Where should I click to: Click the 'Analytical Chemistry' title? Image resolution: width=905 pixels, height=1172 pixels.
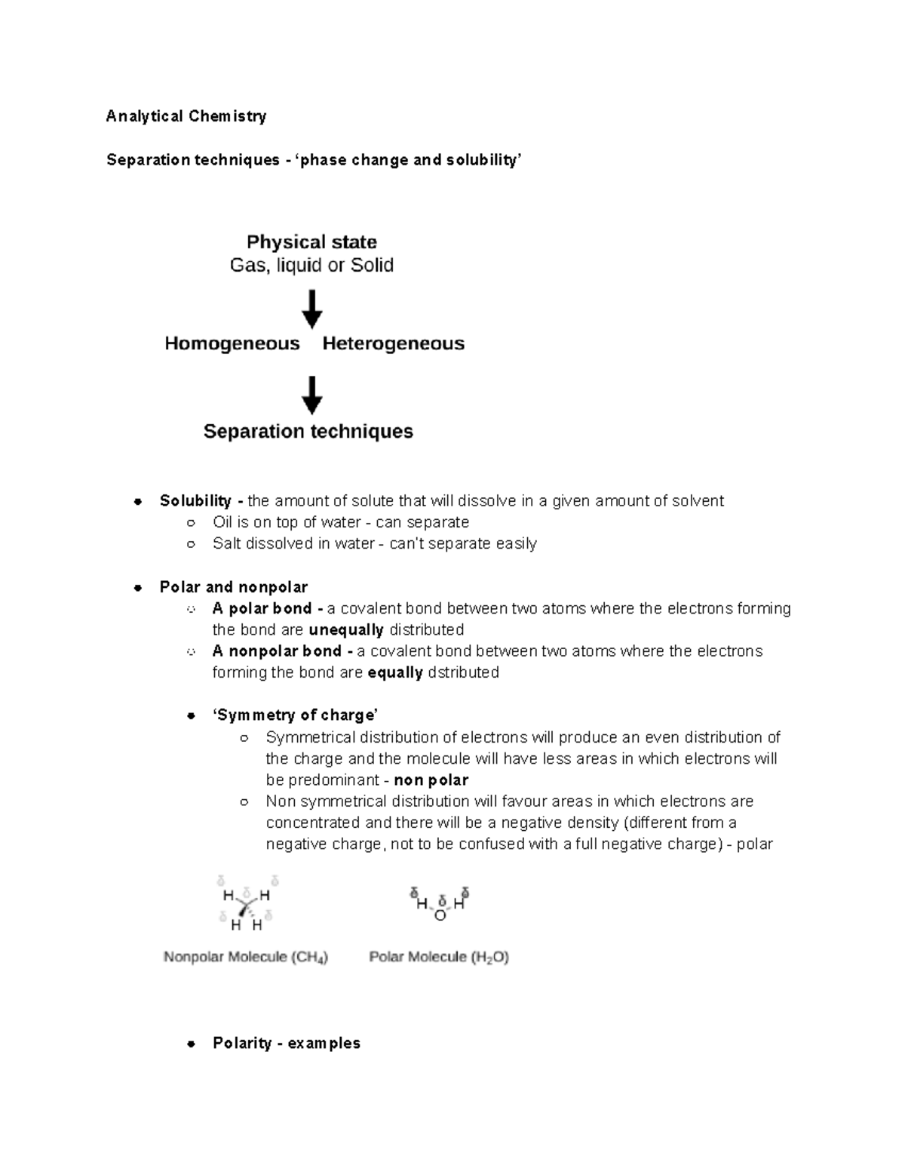[186, 116]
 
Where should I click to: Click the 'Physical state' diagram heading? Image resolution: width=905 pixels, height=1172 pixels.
[311, 242]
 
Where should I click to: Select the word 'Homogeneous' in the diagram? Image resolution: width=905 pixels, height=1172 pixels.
[232, 344]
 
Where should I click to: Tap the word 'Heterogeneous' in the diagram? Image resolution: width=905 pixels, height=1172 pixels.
[393, 344]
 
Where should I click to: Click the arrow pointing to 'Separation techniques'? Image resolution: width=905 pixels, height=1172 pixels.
[311, 395]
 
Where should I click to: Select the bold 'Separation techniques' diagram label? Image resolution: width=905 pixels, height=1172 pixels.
[308, 432]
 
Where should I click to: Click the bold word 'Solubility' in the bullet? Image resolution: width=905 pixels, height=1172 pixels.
[195, 501]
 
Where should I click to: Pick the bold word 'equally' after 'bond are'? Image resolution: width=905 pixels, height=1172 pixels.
[394, 672]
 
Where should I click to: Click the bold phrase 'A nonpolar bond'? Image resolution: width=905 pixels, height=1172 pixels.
[277, 651]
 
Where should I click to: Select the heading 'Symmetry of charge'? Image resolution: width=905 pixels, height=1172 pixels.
[295, 715]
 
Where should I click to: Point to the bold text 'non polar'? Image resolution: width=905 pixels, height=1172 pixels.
[431, 780]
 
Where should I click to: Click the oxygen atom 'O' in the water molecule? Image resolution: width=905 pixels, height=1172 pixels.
[440, 915]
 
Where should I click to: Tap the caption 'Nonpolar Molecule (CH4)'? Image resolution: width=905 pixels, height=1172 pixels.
[246, 957]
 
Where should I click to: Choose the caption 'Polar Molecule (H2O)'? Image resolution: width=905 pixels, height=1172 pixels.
[439, 957]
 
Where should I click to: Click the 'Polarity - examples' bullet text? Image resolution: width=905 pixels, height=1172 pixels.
[287, 1043]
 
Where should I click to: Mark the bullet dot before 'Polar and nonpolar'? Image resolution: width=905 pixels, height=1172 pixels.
[138, 588]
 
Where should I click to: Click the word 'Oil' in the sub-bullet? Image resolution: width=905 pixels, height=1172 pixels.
[222, 522]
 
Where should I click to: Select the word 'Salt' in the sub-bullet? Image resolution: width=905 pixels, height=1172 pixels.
[227, 543]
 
